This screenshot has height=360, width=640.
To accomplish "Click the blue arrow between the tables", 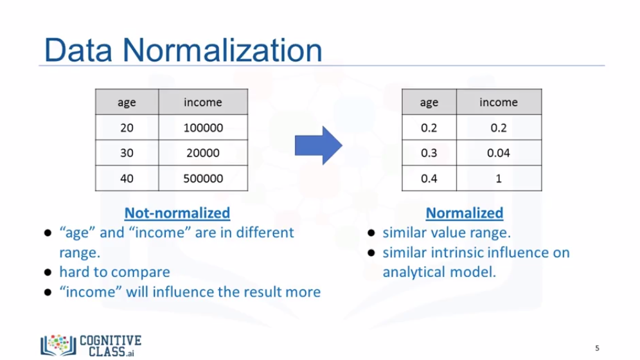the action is pyautogui.click(x=318, y=145).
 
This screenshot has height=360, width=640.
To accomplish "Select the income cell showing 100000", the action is pyautogui.click(x=203, y=127).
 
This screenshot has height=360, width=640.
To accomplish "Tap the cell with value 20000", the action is pyautogui.click(x=203, y=152).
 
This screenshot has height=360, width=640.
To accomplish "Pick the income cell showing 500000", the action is pyautogui.click(x=203, y=178).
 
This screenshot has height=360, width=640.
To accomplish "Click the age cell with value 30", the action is pyautogui.click(x=127, y=152).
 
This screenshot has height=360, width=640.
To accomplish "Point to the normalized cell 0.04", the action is pyautogui.click(x=499, y=152).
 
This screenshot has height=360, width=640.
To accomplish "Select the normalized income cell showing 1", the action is pyautogui.click(x=499, y=178).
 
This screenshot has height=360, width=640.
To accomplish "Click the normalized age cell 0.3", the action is pyautogui.click(x=429, y=152).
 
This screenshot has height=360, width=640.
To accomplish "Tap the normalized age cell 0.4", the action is pyautogui.click(x=429, y=178).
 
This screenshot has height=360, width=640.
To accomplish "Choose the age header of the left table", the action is pyautogui.click(x=127, y=102).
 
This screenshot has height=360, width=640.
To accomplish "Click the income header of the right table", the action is pyautogui.click(x=499, y=102).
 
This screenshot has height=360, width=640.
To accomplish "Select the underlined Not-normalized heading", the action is pyautogui.click(x=177, y=213).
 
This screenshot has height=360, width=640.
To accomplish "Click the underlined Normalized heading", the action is pyautogui.click(x=465, y=213).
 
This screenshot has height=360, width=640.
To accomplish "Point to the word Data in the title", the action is pyautogui.click(x=78, y=50).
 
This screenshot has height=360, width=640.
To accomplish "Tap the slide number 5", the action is pyautogui.click(x=597, y=348).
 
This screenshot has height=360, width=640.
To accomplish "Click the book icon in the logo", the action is pyautogui.click(x=58, y=345).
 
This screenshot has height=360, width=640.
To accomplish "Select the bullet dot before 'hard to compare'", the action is pyautogui.click(x=48, y=272).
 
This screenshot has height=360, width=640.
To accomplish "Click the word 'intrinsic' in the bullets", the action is pyautogui.click(x=457, y=253).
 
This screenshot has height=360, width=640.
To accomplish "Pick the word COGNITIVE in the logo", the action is pyautogui.click(x=111, y=341).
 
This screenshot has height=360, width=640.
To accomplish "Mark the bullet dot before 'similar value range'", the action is pyautogui.click(x=371, y=233).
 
